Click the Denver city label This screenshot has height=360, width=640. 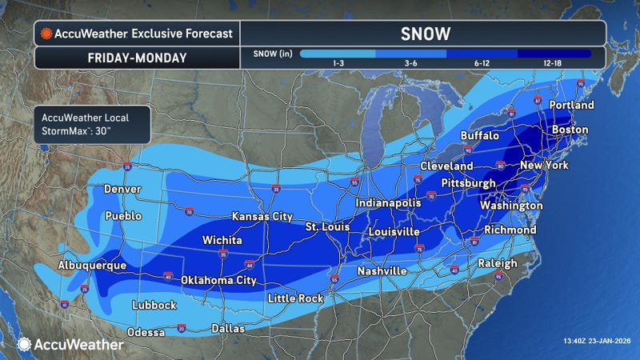point(122,190)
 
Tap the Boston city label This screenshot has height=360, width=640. point(570,130)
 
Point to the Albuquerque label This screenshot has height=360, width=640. point(92,265)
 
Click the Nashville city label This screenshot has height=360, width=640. point(382,272)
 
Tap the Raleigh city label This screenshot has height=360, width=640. point(497,263)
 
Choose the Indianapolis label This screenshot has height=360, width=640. point(388,203)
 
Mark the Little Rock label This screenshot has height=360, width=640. point(295,298)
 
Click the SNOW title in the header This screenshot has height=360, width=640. point(422,34)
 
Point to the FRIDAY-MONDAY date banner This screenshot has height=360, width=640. point(137,58)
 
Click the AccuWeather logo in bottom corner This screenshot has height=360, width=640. point(70,344)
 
